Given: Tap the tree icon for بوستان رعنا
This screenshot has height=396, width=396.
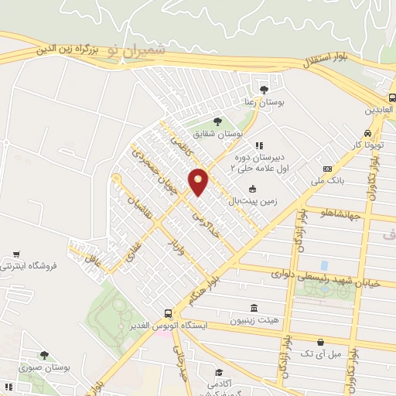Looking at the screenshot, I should click(265, 89).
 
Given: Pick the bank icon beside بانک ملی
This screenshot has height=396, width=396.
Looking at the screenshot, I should click(327, 169).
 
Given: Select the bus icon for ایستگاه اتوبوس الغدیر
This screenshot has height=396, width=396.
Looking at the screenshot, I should click(169, 314).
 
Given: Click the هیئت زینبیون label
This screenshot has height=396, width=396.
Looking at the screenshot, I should click(260, 319).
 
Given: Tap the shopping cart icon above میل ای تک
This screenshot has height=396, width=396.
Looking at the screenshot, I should click(320, 342).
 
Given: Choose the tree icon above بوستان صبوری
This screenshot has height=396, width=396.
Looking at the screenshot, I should click(44, 356).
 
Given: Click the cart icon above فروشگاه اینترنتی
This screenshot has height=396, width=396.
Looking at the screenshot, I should click(16, 254).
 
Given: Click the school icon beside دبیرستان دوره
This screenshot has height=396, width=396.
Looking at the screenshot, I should click(258, 145).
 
